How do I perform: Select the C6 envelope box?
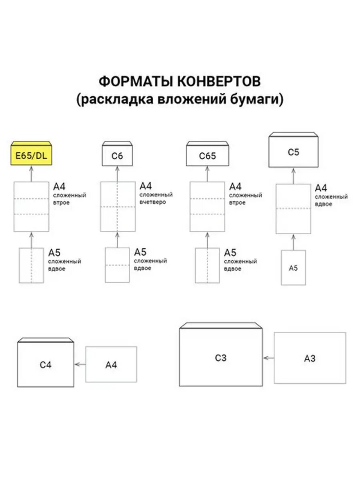117,156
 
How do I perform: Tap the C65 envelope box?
207,156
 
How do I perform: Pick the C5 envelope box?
294,152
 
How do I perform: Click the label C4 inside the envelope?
46,365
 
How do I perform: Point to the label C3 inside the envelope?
220,358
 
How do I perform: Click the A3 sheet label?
310,358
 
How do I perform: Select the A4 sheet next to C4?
111,365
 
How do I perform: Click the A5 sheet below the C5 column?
293,268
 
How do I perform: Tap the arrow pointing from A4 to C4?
80,364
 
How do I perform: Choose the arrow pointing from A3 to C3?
269,358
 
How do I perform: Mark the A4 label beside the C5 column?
321,188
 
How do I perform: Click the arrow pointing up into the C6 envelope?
117,174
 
